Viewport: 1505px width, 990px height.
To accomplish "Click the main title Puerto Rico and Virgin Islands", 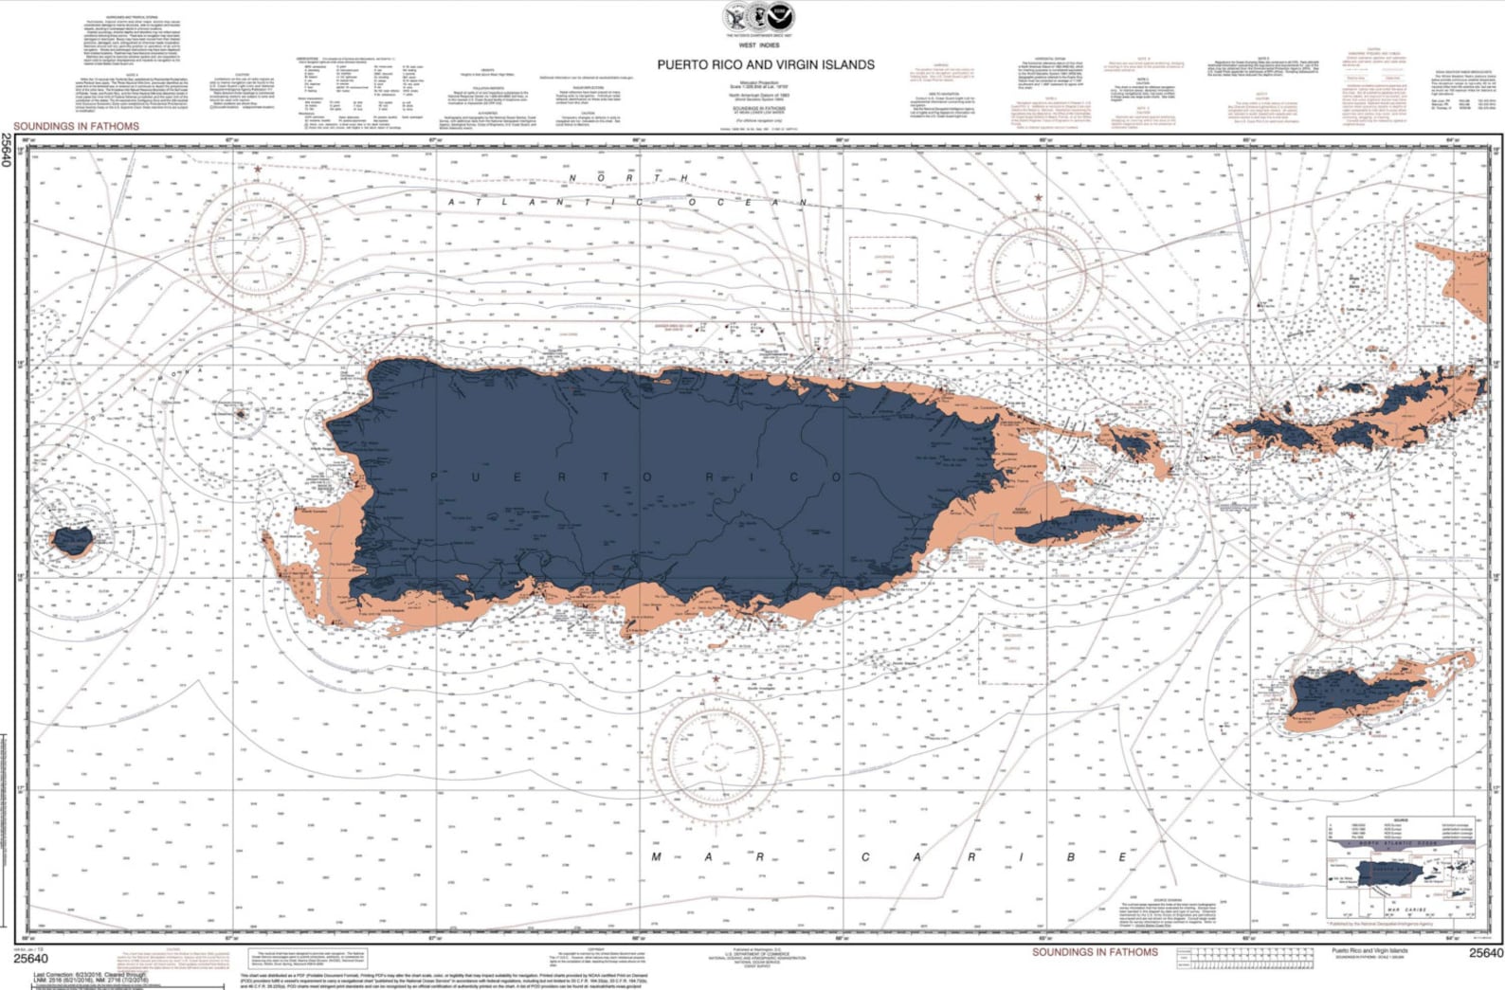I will [x=766, y=64].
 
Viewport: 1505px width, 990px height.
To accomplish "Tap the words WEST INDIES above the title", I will [x=758, y=45].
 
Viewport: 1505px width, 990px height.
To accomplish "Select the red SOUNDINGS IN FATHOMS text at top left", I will [x=76, y=126].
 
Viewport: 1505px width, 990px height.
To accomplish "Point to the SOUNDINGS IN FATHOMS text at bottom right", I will [x=1095, y=952].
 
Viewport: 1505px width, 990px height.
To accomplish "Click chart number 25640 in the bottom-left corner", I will [x=30, y=959].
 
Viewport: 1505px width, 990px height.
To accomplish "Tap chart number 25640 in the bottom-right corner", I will [x=1485, y=954].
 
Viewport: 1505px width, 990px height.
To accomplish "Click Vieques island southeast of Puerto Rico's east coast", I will [x=1079, y=527].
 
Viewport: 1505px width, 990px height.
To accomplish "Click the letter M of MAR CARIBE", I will [x=656, y=857].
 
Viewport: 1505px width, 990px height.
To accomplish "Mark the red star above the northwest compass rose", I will [x=258, y=170].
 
